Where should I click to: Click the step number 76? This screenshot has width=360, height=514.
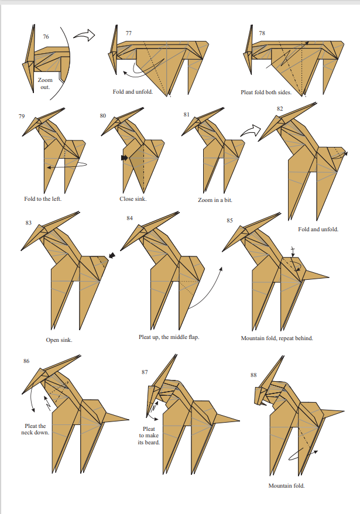[x=46, y=37]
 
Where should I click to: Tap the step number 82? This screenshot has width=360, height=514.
[x=280, y=109]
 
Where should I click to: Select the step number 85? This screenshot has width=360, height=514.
[x=229, y=221]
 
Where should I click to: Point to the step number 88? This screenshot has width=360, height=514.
[x=253, y=375]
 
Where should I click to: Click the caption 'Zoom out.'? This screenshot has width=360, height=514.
[x=45, y=84]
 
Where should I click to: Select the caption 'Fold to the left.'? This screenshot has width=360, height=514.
[x=43, y=198]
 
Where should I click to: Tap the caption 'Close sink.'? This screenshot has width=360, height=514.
[x=133, y=198]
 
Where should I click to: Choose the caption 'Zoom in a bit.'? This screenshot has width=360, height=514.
[x=215, y=200]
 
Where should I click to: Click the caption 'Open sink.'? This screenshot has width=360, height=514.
[x=59, y=340]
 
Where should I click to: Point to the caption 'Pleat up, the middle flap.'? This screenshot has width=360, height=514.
[x=169, y=337]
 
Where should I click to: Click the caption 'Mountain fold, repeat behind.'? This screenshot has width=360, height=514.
[x=277, y=338]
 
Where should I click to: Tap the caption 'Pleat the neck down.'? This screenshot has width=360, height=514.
[x=35, y=429]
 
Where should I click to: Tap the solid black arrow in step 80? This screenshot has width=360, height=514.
[x=124, y=158]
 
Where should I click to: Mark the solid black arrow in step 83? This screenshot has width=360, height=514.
[x=112, y=255]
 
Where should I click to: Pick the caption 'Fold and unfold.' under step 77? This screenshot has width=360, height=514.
[x=133, y=92]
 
